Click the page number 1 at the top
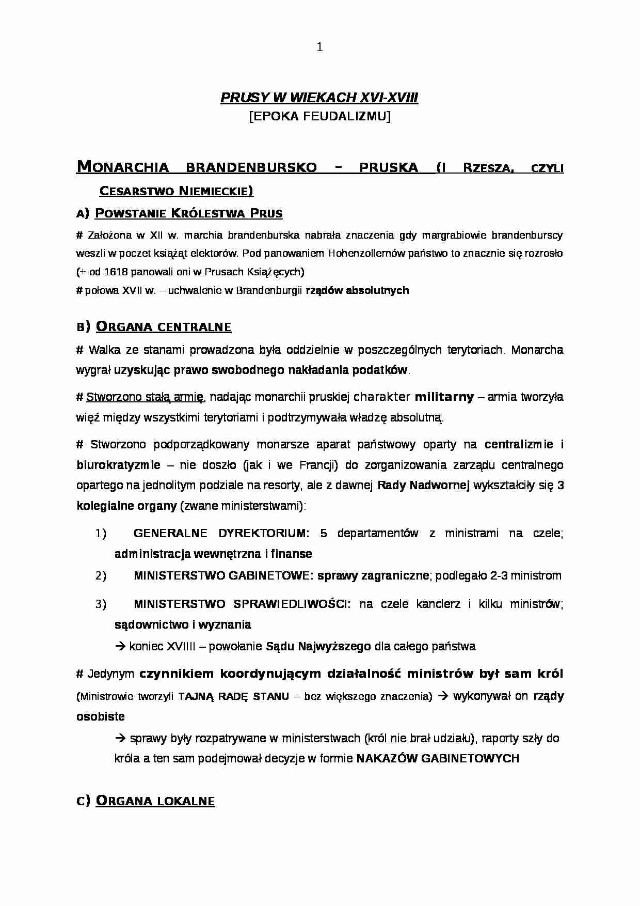tap(319, 48)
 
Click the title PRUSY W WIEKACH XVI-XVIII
tap(319, 98)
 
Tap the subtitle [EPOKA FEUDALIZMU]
tap(319, 117)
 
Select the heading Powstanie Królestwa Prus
tap(189, 213)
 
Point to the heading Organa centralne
tap(164, 326)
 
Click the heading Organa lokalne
tap(155, 801)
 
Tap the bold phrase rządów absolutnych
tap(357, 290)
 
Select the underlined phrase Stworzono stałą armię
tap(146, 397)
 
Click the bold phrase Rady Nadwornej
tap(423, 486)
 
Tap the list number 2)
tap(101, 576)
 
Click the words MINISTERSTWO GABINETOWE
tap(222, 576)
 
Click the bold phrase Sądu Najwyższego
tap(318, 646)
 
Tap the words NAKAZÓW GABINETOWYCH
tap(438, 759)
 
